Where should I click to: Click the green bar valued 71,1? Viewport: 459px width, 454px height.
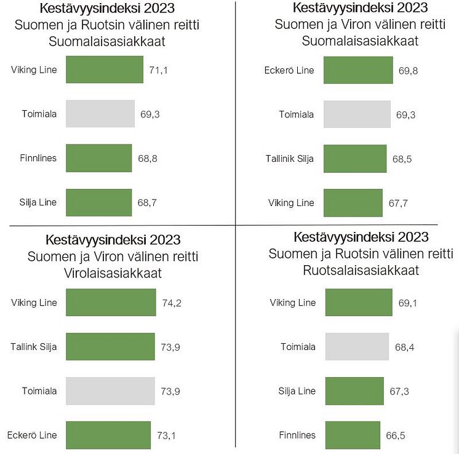(x=104, y=70)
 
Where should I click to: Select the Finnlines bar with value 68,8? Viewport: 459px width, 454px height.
(x=98, y=158)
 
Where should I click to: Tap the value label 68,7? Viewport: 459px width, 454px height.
(x=148, y=202)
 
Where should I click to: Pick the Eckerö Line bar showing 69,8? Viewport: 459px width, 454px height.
(x=358, y=70)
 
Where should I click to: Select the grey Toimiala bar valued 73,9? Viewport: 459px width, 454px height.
(x=110, y=391)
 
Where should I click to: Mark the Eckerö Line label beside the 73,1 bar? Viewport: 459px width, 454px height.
(x=32, y=435)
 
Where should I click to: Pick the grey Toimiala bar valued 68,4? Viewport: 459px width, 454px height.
(x=357, y=347)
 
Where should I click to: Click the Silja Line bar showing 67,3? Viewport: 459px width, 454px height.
(x=354, y=391)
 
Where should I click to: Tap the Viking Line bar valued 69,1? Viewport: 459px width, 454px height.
(x=359, y=303)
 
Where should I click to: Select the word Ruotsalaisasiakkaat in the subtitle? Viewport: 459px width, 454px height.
(x=361, y=270)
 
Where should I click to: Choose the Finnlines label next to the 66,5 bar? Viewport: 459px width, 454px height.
(x=298, y=435)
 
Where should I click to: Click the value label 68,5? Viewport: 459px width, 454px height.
(x=402, y=158)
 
